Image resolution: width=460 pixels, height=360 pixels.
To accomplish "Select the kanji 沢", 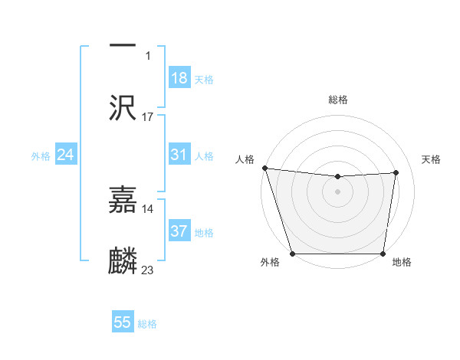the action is pyautogui.click(x=123, y=106).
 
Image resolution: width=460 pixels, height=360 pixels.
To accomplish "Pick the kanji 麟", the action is pyautogui.click(x=123, y=261).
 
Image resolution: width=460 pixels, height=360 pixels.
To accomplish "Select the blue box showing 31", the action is pyautogui.click(x=179, y=155).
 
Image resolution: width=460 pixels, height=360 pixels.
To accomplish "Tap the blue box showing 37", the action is pyautogui.click(x=179, y=231).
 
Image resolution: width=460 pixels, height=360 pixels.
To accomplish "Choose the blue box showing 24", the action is pyautogui.click(x=65, y=155).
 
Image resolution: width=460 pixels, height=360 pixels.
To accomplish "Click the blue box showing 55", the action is pyautogui.click(x=123, y=322).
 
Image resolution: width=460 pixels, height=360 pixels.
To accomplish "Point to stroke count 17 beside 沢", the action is pyautogui.click(x=148, y=117).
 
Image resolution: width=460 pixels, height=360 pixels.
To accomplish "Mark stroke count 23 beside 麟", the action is pyautogui.click(x=148, y=270).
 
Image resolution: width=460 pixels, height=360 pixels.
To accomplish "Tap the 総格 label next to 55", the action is pyautogui.click(x=147, y=324).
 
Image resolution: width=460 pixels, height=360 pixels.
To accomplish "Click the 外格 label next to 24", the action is pyautogui.click(x=41, y=156).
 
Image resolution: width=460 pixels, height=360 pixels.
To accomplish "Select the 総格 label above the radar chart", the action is pyautogui.click(x=338, y=100).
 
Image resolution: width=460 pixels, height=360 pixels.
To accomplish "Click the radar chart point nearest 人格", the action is pyautogui.click(x=264, y=168).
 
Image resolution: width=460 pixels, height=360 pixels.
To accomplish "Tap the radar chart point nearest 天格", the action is pyautogui.click(x=396, y=172).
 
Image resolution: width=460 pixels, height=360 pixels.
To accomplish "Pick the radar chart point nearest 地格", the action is pyautogui.click(x=383, y=254).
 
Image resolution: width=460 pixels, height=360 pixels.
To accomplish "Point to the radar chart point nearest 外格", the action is pyautogui.click(x=292, y=254).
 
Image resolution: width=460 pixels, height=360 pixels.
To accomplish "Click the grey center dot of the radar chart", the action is pyautogui.click(x=338, y=191).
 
